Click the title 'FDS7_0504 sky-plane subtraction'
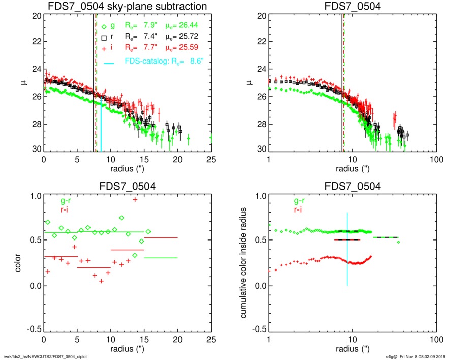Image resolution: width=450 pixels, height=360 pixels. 127,6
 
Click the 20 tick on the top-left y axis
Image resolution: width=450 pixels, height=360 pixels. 36,16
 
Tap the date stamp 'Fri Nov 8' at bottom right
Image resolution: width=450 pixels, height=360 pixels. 411,356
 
